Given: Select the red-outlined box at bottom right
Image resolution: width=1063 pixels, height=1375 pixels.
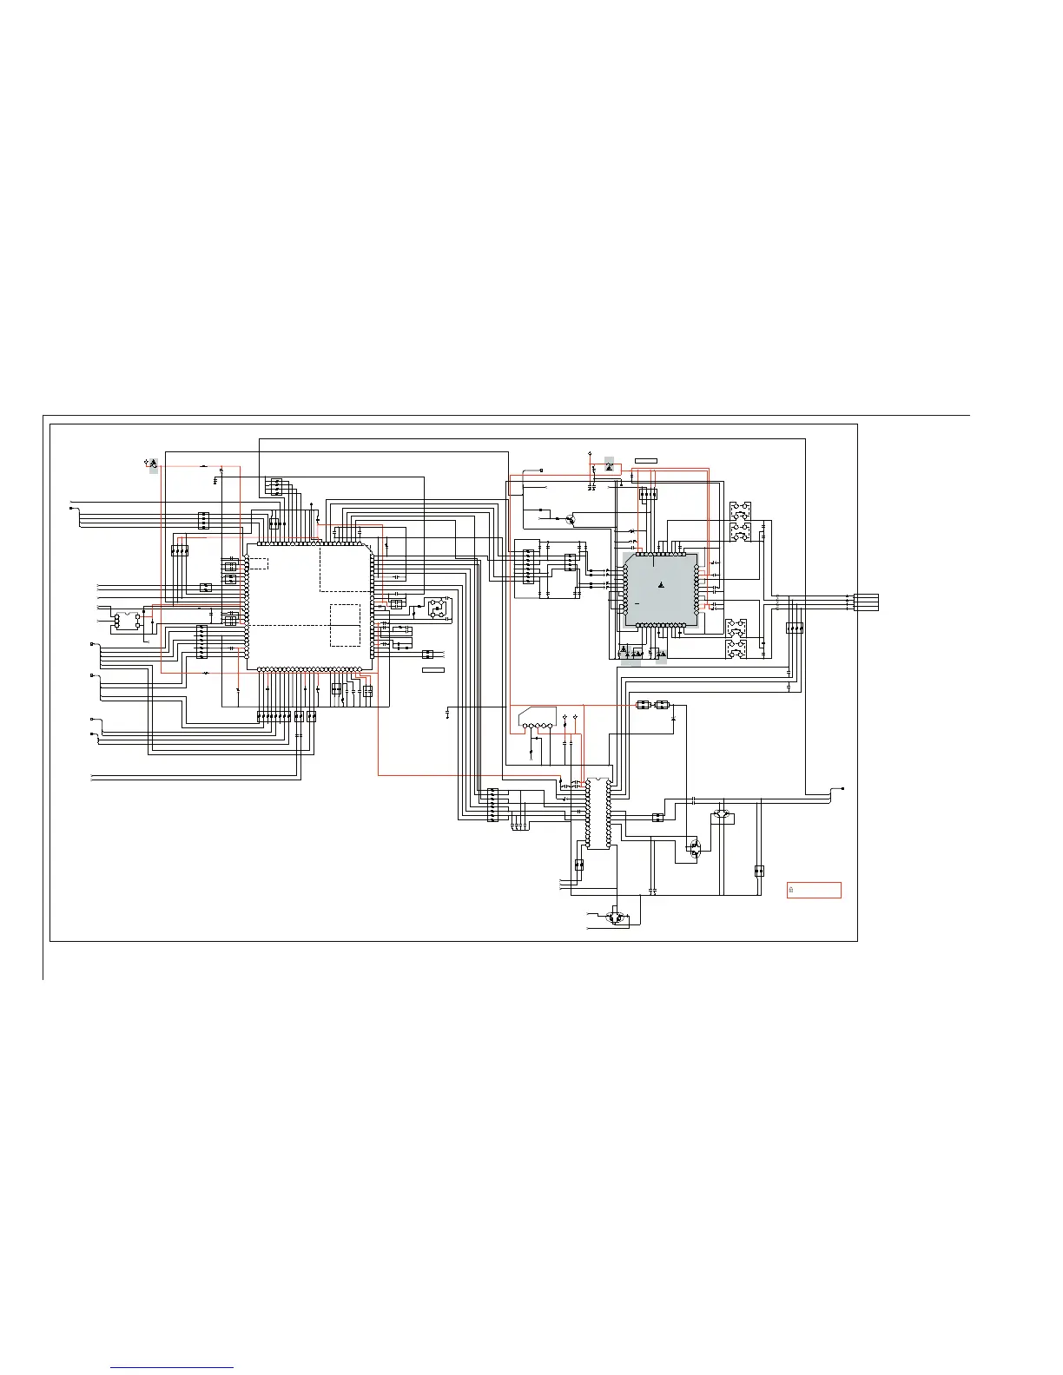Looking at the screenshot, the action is [x=814, y=890].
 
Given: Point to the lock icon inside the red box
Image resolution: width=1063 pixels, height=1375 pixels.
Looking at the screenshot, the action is [x=791, y=890].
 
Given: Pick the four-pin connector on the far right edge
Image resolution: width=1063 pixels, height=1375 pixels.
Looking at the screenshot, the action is [x=867, y=601].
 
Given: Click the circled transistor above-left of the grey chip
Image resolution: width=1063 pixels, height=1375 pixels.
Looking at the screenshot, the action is [x=570, y=519].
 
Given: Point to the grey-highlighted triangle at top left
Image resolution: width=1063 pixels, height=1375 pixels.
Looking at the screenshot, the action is [x=153, y=464].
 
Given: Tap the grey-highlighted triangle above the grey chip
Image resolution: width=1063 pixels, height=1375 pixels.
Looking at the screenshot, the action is [x=609, y=467].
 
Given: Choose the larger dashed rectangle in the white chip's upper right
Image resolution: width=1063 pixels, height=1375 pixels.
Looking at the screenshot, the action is [x=346, y=568].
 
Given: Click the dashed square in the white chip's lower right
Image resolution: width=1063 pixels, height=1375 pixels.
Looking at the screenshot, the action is [x=345, y=625].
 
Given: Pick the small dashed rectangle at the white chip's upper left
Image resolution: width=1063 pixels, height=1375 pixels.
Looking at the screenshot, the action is [x=257, y=562].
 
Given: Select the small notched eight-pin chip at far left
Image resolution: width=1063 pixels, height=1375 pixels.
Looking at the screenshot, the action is [x=127, y=620].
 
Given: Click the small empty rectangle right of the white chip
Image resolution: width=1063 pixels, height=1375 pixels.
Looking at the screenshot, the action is [x=433, y=670].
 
